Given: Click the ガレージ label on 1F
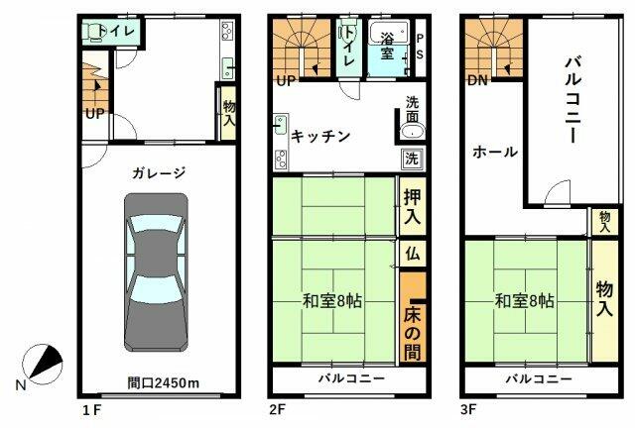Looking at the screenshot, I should click(157, 172).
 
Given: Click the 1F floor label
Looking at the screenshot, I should click(90, 407).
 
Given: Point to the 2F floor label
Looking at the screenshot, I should click(280, 407).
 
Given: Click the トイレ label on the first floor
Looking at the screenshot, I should click(122, 32).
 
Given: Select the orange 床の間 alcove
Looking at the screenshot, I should click(413, 319).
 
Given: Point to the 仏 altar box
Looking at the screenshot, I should click(413, 254).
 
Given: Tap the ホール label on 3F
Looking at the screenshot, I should click(494, 152).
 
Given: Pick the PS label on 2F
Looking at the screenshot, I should click(420, 47).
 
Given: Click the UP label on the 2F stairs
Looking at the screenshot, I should click(286, 80).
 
